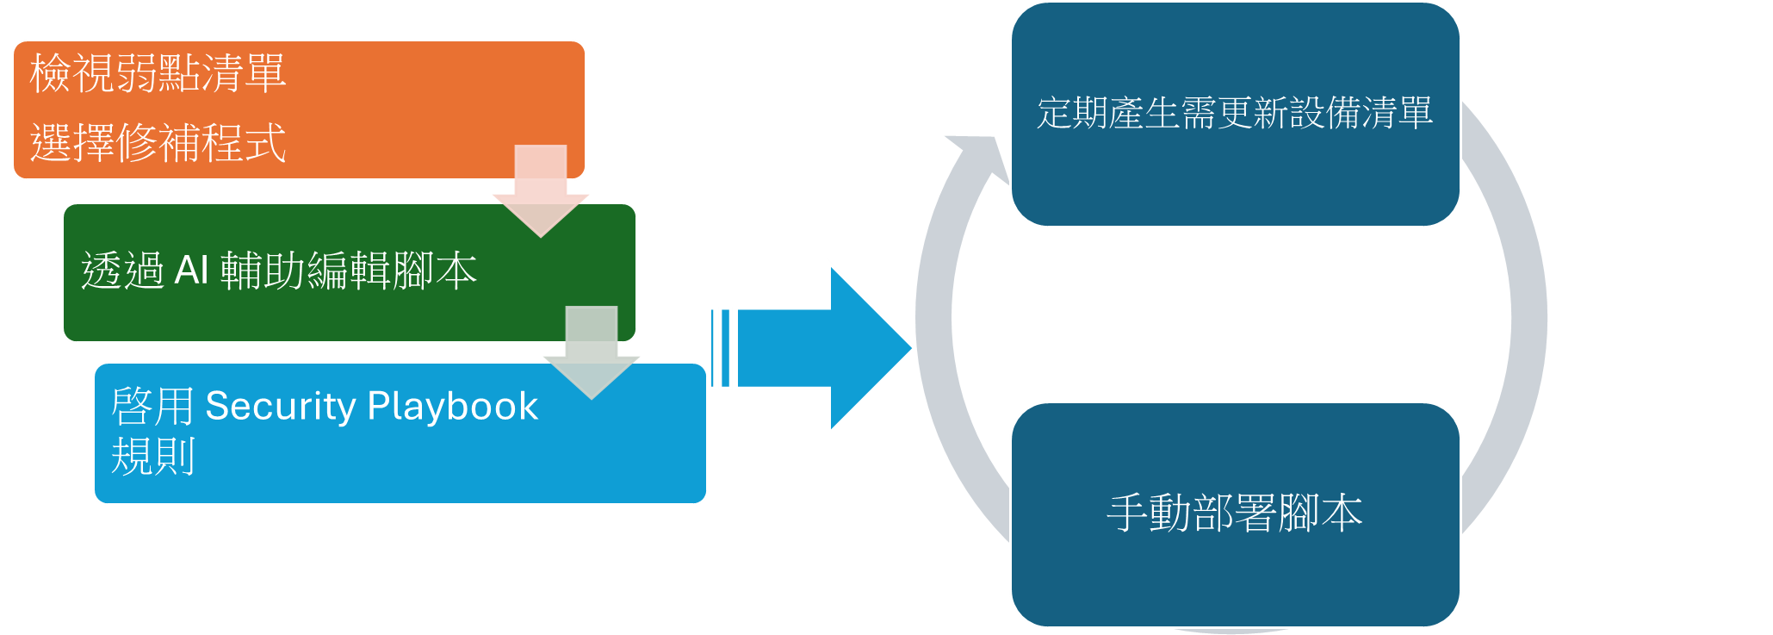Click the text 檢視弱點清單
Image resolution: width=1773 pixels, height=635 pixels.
point(158,73)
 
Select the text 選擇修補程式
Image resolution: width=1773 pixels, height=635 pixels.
point(158,143)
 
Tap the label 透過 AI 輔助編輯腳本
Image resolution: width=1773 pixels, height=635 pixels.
point(279,271)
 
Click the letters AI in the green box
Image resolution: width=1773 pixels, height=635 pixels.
point(191,271)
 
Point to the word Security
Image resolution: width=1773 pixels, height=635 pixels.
point(280,406)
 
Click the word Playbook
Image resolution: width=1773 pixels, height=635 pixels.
point(452,406)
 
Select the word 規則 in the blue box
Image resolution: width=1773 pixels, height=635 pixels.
point(153,457)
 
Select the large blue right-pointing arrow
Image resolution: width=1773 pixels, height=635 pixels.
point(827,348)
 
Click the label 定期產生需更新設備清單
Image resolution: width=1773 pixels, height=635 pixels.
point(1235,113)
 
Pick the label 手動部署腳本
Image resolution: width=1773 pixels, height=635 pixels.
point(1235,514)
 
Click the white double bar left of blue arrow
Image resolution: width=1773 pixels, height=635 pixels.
point(721,348)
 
